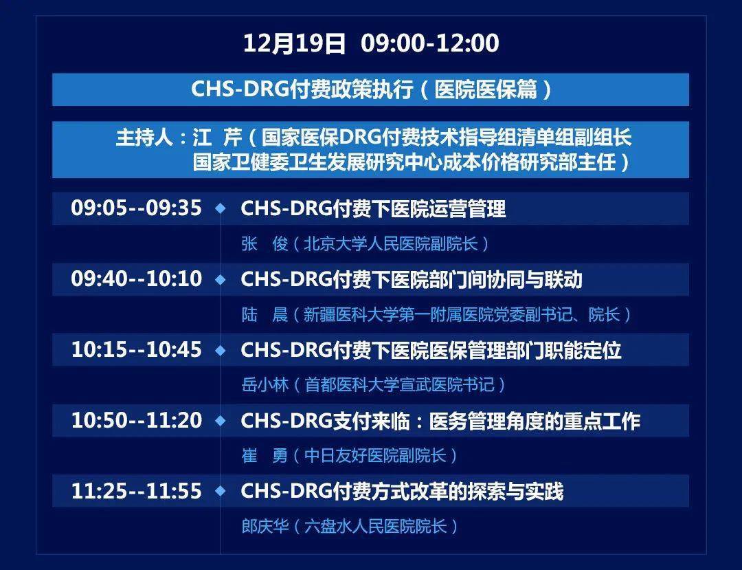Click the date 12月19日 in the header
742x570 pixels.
[294, 44]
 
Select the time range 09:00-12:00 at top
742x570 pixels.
[430, 44]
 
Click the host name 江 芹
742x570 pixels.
[218, 138]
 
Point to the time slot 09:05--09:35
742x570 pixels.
[137, 208]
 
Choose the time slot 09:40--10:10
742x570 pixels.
[137, 279]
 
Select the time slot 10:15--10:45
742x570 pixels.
[137, 350]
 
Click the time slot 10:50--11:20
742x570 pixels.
[137, 421]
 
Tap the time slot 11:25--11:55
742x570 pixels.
[137, 492]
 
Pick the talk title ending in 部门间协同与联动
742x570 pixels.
[412, 280]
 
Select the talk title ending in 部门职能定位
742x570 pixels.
[431, 351]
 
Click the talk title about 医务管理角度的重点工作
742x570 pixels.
[440, 421]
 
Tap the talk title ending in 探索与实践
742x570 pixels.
[402, 492]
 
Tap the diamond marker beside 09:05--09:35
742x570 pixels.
[221, 208]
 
